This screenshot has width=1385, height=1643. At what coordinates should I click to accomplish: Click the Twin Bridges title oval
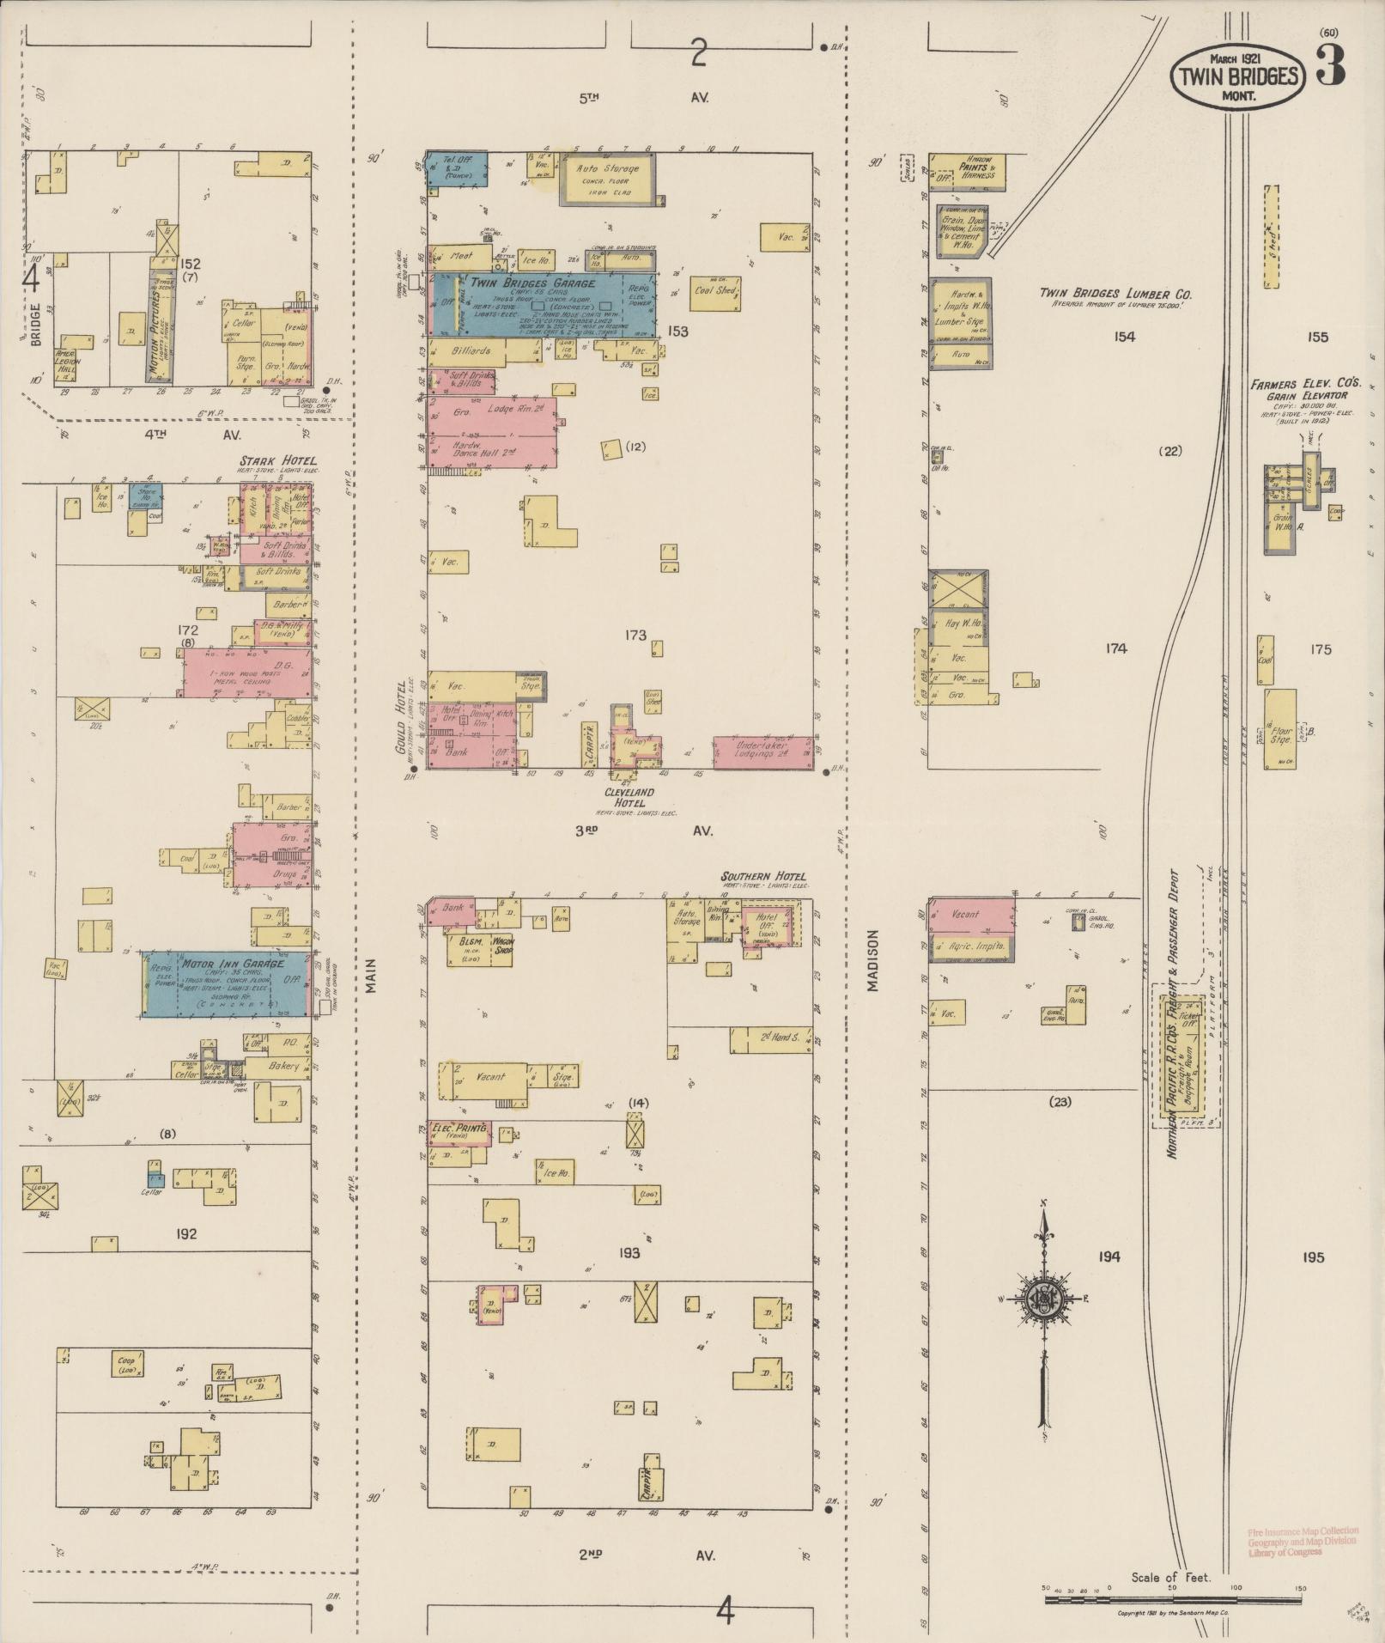[1238, 76]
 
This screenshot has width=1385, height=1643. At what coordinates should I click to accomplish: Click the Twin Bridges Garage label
[532, 283]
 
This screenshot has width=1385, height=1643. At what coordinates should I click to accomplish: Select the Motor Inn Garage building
[226, 983]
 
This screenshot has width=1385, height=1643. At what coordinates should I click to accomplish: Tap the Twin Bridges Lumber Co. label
[1115, 294]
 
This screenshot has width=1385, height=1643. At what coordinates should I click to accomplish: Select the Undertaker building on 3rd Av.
[763, 752]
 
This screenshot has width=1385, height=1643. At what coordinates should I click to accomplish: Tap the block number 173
[635, 636]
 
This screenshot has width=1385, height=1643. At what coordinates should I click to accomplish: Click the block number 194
[1108, 1257]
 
